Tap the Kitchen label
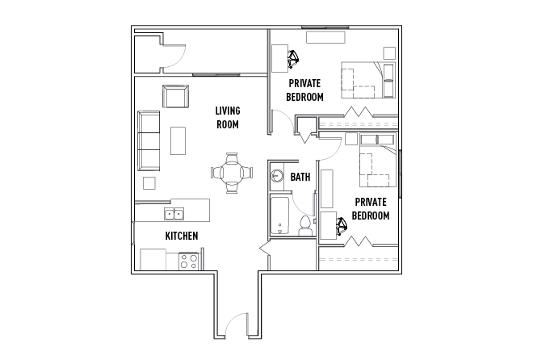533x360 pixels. (x=182, y=236)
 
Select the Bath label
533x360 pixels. (x=300, y=177)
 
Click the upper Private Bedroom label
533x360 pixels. (x=304, y=90)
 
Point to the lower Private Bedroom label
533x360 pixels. (x=371, y=209)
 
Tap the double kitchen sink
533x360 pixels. (x=174, y=214)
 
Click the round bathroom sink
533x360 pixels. (x=275, y=175)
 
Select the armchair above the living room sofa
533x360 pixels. (x=174, y=97)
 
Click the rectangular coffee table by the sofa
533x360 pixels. (x=177, y=141)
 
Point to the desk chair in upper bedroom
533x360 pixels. (x=291, y=58)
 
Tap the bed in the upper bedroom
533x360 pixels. (x=363, y=78)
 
